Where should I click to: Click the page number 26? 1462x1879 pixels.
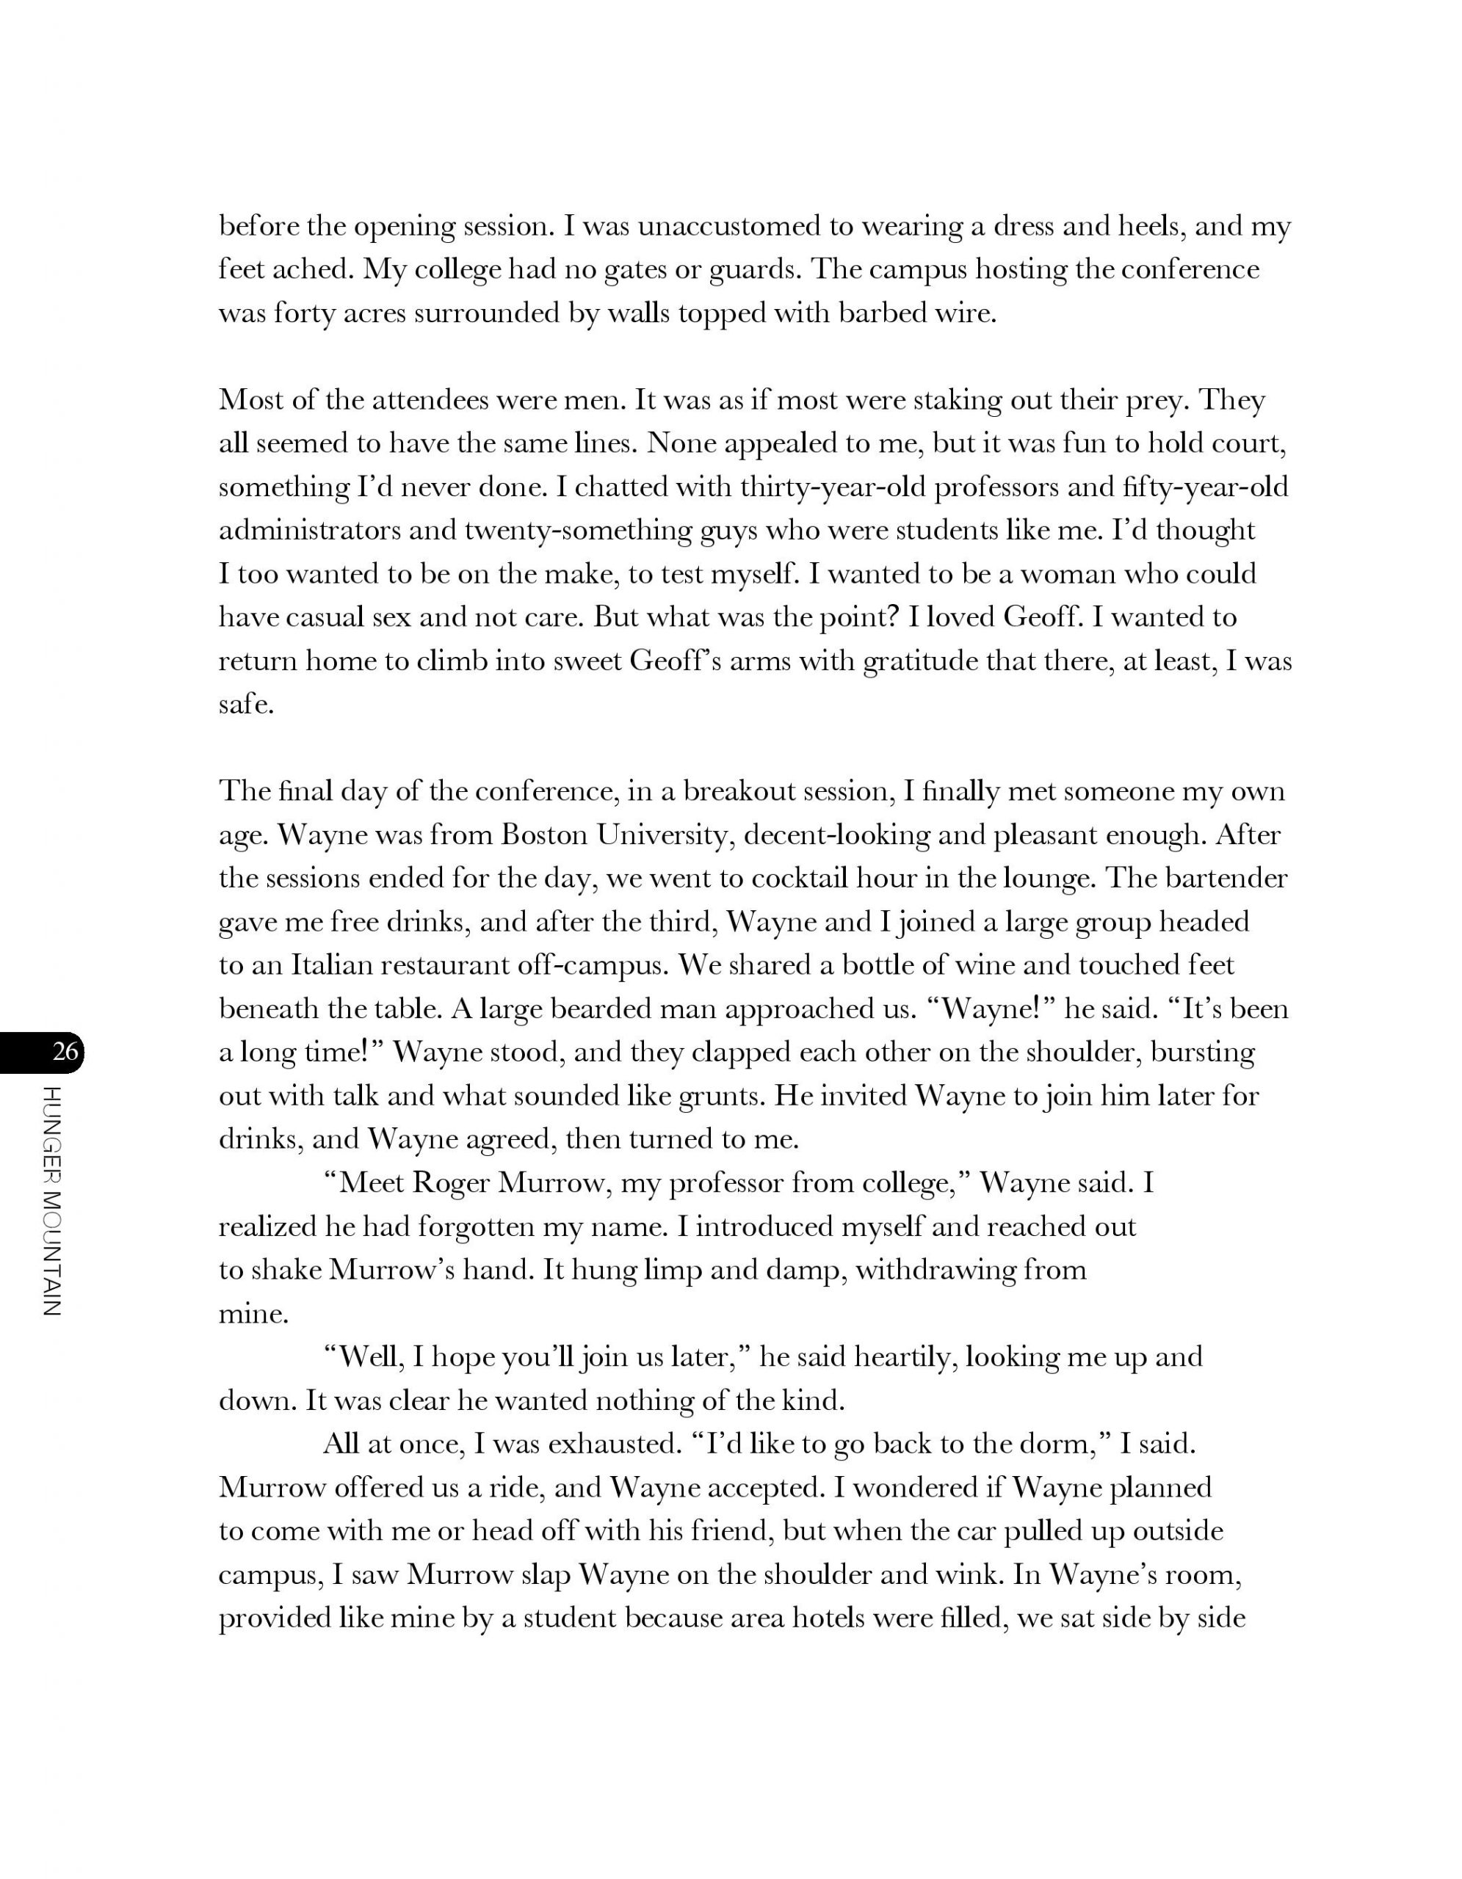coord(65,1051)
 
